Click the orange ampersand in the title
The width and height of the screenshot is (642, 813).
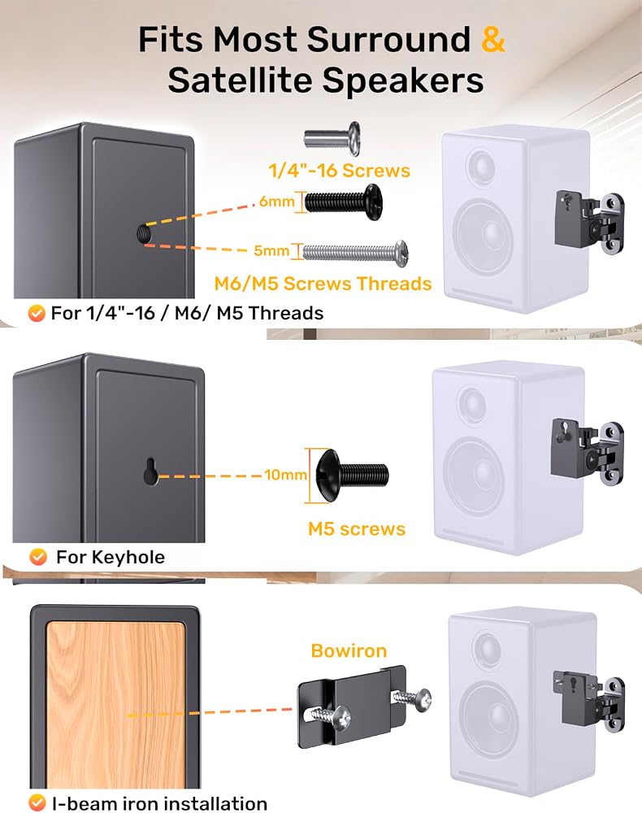[492, 39]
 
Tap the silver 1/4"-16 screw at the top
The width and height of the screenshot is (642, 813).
[332, 138]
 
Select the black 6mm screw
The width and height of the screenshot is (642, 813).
[344, 202]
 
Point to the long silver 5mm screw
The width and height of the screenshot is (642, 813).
[355, 253]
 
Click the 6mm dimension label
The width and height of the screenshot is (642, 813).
[276, 201]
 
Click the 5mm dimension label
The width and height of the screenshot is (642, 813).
[271, 251]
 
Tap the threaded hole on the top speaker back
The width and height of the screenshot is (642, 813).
[144, 233]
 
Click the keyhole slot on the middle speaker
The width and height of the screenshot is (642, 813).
[151, 471]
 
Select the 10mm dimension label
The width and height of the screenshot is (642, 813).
[286, 475]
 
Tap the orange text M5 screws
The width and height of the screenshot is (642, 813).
[357, 529]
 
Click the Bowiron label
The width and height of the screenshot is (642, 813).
[349, 650]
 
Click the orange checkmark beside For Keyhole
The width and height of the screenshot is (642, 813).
[38, 557]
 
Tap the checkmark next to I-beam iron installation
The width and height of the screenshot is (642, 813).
[37, 802]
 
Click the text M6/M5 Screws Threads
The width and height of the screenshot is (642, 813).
[323, 284]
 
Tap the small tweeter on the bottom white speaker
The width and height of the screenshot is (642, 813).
[487, 649]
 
